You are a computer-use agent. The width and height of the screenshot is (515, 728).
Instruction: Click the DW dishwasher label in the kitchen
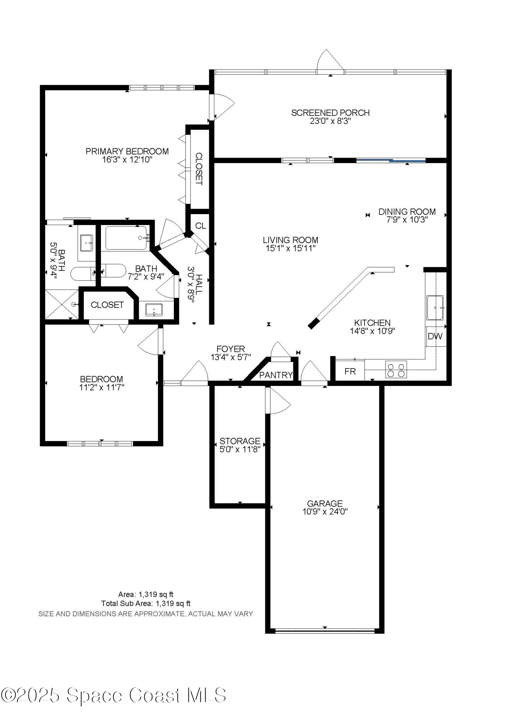[435, 336]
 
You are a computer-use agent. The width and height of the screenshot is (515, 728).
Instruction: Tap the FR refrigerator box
[350, 371]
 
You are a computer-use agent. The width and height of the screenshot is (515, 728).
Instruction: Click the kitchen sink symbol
[435, 308]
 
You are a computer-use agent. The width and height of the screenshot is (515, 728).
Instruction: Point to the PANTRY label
[276, 375]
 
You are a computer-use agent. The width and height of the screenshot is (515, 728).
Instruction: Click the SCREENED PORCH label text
[330, 113]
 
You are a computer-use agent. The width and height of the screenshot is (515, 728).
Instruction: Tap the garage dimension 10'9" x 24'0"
[325, 511]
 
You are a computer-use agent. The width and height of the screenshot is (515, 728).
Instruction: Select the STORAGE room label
[240, 441]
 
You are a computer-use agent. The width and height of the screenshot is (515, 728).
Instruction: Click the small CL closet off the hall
[200, 226]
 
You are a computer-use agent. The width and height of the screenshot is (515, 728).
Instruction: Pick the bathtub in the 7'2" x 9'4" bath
[126, 238]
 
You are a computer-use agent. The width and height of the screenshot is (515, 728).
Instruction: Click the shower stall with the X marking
[62, 304]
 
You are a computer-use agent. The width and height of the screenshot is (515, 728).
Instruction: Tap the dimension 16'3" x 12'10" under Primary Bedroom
[127, 160]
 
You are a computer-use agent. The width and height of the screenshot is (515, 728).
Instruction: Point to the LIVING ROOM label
[290, 240]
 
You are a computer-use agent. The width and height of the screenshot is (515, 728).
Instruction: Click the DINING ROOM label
[407, 212]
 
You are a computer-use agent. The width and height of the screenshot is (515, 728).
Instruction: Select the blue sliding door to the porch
[391, 160]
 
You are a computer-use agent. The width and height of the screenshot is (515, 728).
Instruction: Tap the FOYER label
[231, 349]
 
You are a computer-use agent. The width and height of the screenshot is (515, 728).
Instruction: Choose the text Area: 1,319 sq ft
[146, 594]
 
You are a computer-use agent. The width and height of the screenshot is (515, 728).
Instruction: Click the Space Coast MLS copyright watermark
[113, 695]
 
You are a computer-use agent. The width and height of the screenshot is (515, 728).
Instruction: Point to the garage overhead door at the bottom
[325, 630]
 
